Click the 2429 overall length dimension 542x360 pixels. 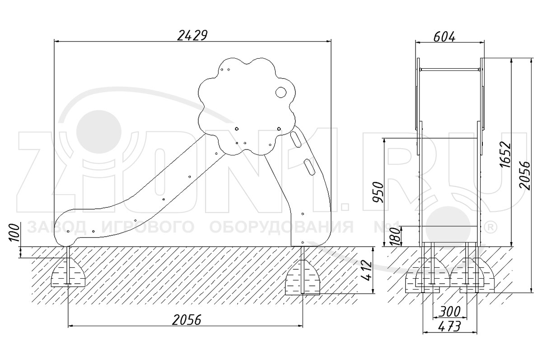click(x=192, y=35)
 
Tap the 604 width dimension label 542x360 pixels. click(x=444, y=37)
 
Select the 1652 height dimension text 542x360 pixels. click(x=505, y=155)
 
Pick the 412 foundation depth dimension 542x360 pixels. click(x=366, y=270)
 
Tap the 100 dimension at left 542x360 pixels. click(x=14, y=233)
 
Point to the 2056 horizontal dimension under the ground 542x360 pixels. click(x=187, y=320)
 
